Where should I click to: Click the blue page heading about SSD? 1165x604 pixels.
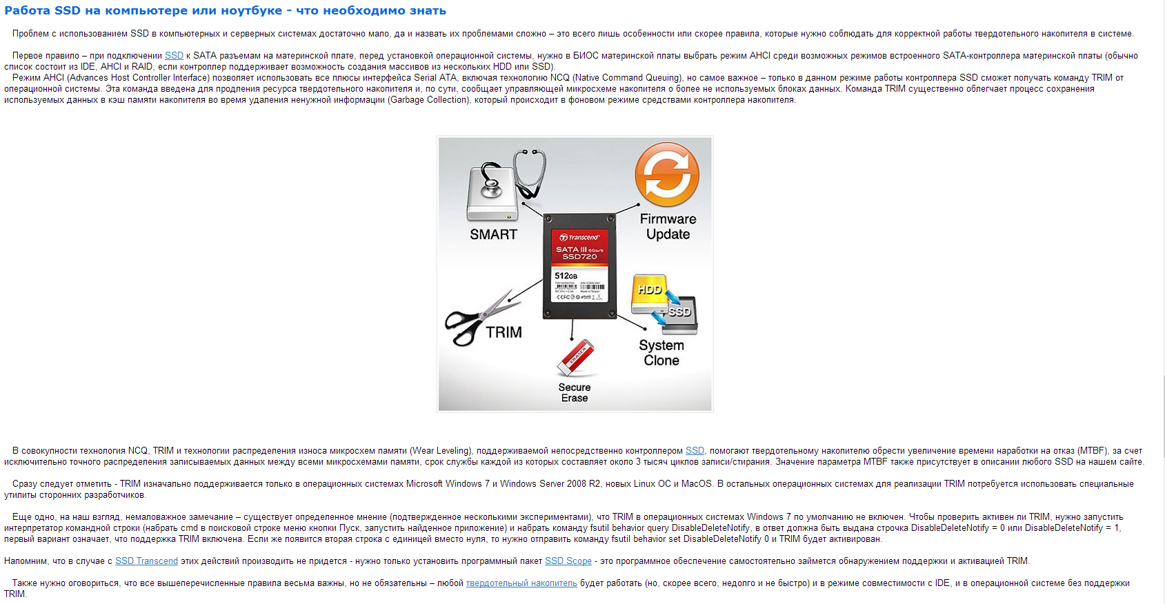[x=225, y=11]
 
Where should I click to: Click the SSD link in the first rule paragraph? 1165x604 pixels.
[x=174, y=56]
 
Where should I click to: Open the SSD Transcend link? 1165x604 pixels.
[x=146, y=561]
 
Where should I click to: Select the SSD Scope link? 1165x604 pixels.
[x=568, y=561]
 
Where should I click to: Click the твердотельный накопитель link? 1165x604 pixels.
[x=521, y=583]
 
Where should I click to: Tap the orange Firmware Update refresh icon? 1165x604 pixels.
[x=666, y=174]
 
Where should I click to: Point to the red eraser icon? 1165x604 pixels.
[x=575, y=357]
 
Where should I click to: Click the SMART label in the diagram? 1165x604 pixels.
[x=493, y=234]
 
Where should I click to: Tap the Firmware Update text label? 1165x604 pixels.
[x=668, y=227]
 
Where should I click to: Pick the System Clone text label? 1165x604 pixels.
[x=661, y=353]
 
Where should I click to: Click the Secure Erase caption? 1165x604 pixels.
[x=575, y=393]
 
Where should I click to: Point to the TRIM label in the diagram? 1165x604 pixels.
[x=504, y=332]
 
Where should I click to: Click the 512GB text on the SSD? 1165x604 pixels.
[x=566, y=276]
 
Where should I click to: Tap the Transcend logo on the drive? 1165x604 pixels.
[x=579, y=237]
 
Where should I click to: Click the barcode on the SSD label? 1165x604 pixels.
[x=579, y=287]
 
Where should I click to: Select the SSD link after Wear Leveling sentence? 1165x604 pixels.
[x=695, y=451]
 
